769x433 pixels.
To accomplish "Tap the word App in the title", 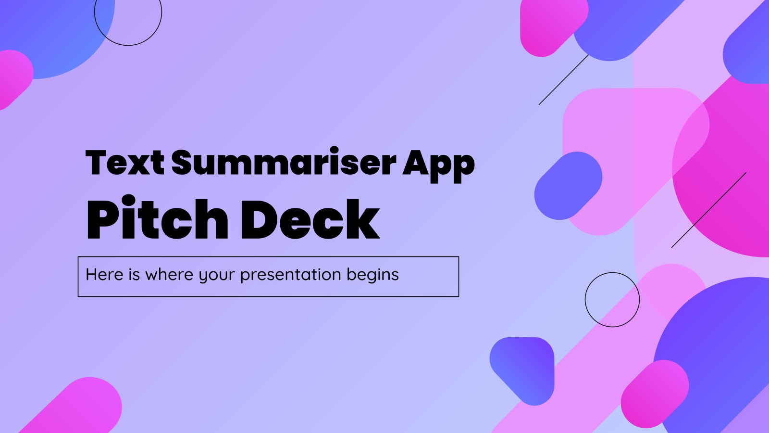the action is tap(439, 166).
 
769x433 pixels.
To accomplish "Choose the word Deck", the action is tap(310, 219).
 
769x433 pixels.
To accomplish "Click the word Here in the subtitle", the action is tap(104, 274).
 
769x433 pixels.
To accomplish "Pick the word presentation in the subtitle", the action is tap(290, 275).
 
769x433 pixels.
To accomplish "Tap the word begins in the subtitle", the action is tap(372, 275).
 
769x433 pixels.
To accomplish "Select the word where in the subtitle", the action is tap(169, 274).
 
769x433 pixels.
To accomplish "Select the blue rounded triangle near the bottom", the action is tap(522, 371).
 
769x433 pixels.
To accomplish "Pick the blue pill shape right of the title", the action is tap(568, 186).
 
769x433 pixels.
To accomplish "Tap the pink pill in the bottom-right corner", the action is tap(655, 394).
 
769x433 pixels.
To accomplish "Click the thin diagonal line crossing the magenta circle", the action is tap(709, 210).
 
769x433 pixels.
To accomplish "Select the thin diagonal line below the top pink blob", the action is tap(564, 80).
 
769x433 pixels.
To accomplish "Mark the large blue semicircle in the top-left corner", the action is tap(57, 39).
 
